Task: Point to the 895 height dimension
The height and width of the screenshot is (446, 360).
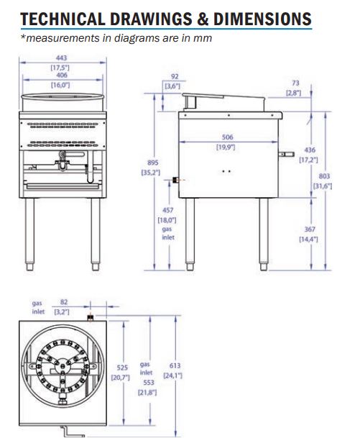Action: [x=152, y=163]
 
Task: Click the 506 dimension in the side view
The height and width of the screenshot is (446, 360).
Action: [x=227, y=137]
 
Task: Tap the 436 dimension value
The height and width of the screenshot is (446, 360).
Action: [x=308, y=150]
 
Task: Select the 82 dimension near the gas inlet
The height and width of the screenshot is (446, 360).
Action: [x=64, y=304]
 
